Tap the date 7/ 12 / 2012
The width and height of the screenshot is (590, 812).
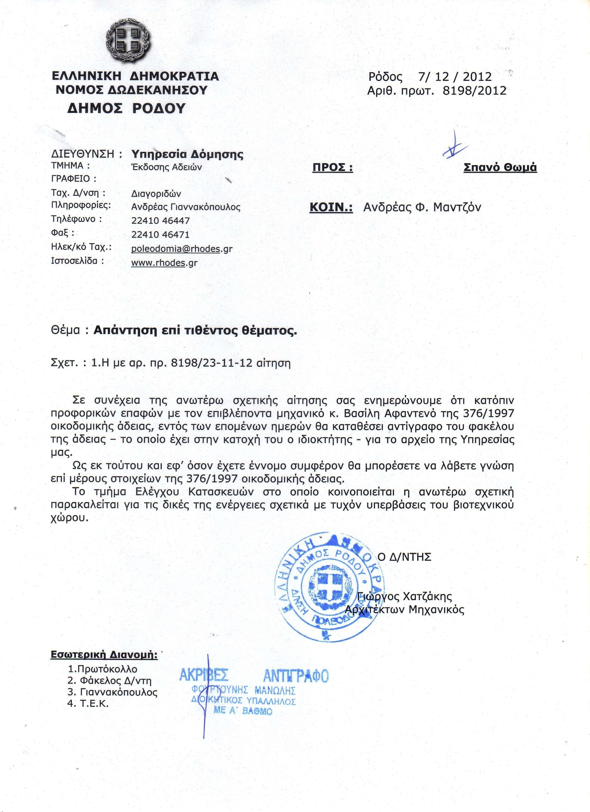tap(454, 77)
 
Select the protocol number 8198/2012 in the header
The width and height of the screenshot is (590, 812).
tap(474, 90)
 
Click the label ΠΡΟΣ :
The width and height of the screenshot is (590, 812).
tap(332, 168)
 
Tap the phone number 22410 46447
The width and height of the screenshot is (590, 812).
tap(160, 221)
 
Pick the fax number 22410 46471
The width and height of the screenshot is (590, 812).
tap(160, 234)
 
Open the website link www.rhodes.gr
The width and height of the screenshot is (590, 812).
tap(164, 263)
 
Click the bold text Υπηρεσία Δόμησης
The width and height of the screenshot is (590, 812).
tap(187, 154)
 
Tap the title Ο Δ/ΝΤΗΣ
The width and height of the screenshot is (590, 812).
tap(404, 557)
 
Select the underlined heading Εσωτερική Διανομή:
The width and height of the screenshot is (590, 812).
tap(104, 655)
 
